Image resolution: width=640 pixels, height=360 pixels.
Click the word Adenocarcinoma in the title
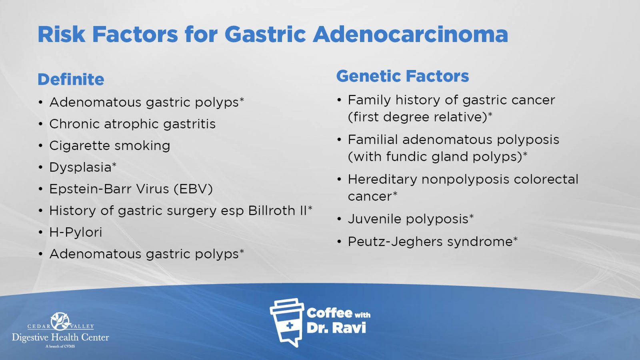(x=410, y=34)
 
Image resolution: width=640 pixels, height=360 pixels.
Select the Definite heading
(x=71, y=79)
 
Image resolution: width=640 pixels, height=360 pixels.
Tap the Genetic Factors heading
(x=402, y=76)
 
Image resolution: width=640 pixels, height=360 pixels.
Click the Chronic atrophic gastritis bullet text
(x=132, y=124)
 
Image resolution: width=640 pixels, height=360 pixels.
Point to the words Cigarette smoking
(x=110, y=146)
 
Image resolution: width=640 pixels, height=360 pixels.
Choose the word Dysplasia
(x=80, y=168)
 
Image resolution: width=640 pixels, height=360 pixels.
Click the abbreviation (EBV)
(x=193, y=189)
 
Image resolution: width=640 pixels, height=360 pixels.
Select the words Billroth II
(x=278, y=210)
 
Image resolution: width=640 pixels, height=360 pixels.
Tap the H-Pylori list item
(x=76, y=232)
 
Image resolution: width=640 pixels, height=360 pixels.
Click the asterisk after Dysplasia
(x=114, y=164)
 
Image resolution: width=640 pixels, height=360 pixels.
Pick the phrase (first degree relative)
(x=418, y=117)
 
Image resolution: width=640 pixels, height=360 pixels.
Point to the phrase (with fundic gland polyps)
(x=435, y=156)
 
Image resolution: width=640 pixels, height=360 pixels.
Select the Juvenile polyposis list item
(x=408, y=219)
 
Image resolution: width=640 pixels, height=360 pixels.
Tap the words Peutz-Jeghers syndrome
(x=430, y=242)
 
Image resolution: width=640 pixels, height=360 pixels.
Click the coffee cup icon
(x=287, y=322)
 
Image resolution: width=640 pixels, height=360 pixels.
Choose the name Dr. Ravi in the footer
(x=336, y=328)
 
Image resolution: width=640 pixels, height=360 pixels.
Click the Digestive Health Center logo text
(x=60, y=338)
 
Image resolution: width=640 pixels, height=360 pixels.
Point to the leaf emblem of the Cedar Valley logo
(x=60, y=321)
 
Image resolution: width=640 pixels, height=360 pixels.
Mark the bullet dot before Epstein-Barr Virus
(x=40, y=189)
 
